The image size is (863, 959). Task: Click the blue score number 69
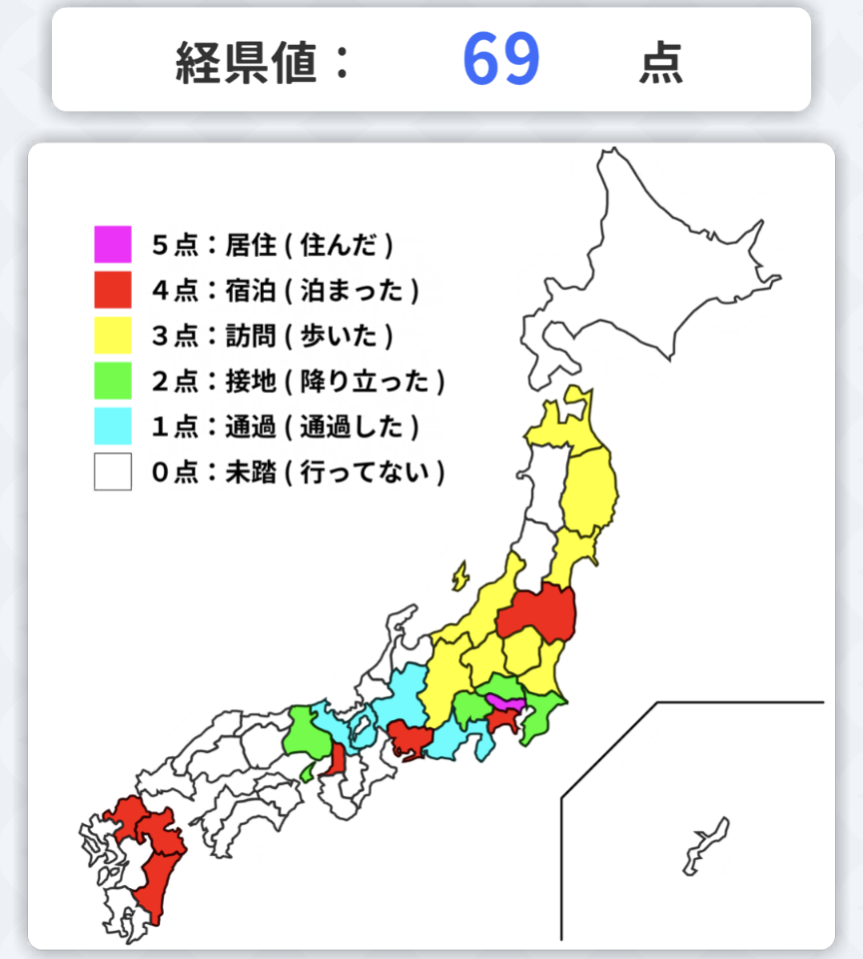tap(501, 60)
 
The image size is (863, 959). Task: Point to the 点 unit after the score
tap(661, 63)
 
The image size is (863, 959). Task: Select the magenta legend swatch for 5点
tap(113, 244)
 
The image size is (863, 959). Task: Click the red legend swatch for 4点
tap(113, 290)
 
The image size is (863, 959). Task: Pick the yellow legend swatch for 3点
tap(113, 336)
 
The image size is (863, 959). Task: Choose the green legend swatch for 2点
tap(113, 382)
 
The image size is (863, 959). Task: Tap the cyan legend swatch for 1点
tap(113, 427)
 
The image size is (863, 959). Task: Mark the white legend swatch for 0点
tap(113, 473)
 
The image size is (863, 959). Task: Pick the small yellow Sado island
tap(459, 575)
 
